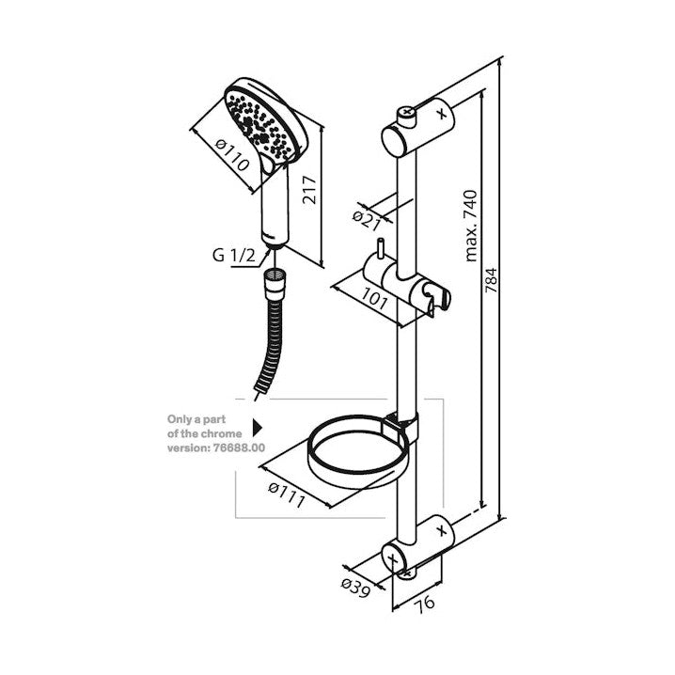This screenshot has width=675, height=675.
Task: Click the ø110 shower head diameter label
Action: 233,155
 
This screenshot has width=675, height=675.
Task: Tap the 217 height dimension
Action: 309,190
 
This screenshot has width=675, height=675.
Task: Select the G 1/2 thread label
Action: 233,256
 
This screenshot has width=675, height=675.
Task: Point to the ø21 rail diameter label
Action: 367,221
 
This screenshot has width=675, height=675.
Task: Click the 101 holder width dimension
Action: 373,298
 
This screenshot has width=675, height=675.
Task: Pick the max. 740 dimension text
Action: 471,226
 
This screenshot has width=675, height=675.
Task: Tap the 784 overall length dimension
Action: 491,281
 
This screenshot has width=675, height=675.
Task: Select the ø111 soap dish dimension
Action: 287,494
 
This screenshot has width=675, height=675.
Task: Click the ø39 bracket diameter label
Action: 355,589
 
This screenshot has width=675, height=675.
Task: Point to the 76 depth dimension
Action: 425,603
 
